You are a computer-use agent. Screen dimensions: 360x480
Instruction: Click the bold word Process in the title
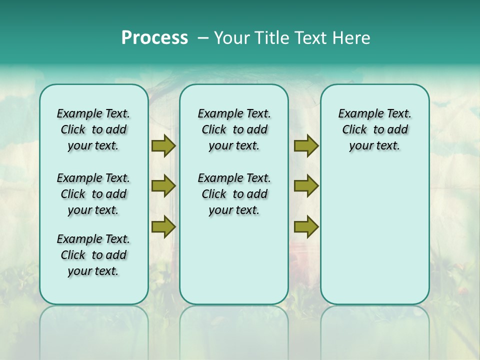[x=154, y=38]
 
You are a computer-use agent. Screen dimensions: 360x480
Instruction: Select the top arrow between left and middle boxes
[x=163, y=145]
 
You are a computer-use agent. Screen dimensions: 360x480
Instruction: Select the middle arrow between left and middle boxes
[x=163, y=186]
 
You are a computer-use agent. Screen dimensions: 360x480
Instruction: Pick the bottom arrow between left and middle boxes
[x=163, y=227]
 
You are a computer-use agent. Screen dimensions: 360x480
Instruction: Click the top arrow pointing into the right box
[x=306, y=145]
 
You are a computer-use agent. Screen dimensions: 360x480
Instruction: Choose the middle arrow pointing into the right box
[x=306, y=186]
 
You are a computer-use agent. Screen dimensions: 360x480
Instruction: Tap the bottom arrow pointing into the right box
[x=306, y=227]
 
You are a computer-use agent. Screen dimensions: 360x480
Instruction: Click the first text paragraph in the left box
[x=93, y=129]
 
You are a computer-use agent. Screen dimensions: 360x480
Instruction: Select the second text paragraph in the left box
[x=93, y=194]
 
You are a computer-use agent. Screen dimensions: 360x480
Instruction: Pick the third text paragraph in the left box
[x=93, y=255]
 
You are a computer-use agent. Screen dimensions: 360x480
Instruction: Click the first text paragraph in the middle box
[x=234, y=129]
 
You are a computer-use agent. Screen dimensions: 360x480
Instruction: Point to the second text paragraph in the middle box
[x=234, y=194]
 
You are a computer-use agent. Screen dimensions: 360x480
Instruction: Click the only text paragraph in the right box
[x=374, y=129]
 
